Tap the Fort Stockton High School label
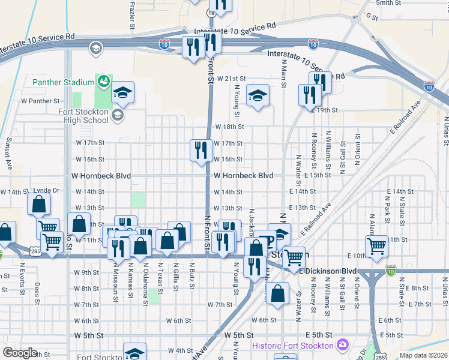point(83,116)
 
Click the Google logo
point(20,353)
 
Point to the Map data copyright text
point(423,355)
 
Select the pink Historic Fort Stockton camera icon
point(343,345)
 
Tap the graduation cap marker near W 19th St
point(258,95)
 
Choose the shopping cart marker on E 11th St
point(376,245)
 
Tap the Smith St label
point(388,3)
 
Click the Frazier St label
point(131,16)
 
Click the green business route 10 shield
point(391,271)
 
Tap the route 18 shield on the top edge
point(211,12)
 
